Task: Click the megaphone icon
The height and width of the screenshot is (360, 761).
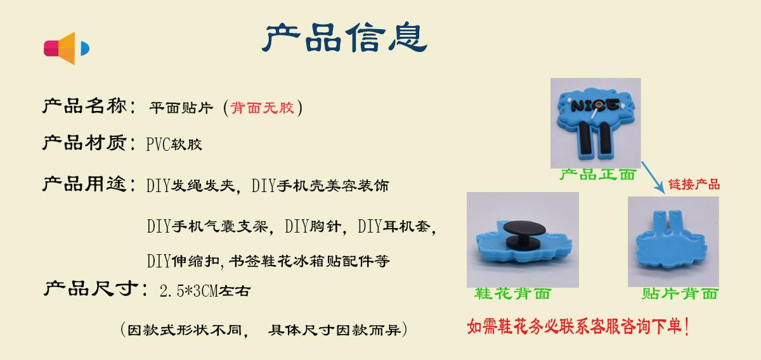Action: [x=67, y=48]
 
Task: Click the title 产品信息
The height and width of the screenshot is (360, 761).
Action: [x=344, y=37]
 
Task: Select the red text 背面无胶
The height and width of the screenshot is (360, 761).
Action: [x=262, y=108]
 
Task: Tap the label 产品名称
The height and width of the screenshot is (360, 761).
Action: [x=84, y=106]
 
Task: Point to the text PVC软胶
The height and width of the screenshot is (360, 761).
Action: [x=174, y=145]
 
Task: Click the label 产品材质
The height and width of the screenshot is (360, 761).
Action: [x=84, y=143]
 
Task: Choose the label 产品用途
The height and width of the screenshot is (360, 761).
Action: [x=84, y=184]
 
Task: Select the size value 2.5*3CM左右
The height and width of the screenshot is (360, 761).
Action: [x=205, y=291]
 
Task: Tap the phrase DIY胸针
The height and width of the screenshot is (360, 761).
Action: [x=313, y=226]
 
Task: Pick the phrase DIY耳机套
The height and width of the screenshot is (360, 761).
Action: [x=394, y=226]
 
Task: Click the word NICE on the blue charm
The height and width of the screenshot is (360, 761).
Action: [x=595, y=106]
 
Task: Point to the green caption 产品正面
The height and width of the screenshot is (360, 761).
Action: [x=597, y=174]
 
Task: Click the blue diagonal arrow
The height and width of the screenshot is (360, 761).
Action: [x=653, y=177]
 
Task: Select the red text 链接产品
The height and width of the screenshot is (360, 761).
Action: [x=694, y=184]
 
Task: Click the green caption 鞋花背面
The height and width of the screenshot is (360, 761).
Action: [x=512, y=293]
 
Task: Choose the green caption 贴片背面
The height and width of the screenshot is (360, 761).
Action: [x=679, y=293]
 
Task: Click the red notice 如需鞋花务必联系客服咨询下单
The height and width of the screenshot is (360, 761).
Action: [x=578, y=326]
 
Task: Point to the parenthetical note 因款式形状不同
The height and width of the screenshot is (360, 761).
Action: [x=185, y=330]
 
